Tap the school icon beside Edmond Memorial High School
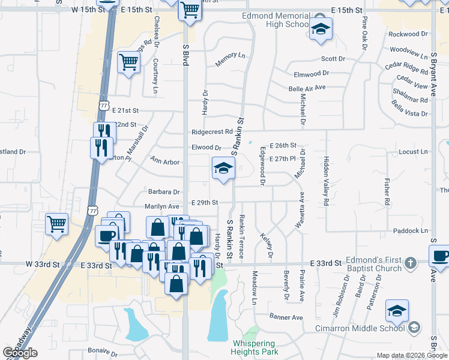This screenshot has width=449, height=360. point(321,28)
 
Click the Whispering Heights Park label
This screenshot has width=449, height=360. point(255,347)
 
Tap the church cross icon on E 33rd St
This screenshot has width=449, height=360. point(410,263)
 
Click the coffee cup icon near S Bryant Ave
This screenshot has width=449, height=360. point(441,256)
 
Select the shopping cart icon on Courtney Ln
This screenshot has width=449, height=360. point(129,62)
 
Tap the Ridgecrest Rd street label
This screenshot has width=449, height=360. point(212,132)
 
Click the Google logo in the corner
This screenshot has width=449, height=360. point(20,353)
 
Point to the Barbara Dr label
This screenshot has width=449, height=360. point(164,192)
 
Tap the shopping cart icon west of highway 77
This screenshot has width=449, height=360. point(56,225)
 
